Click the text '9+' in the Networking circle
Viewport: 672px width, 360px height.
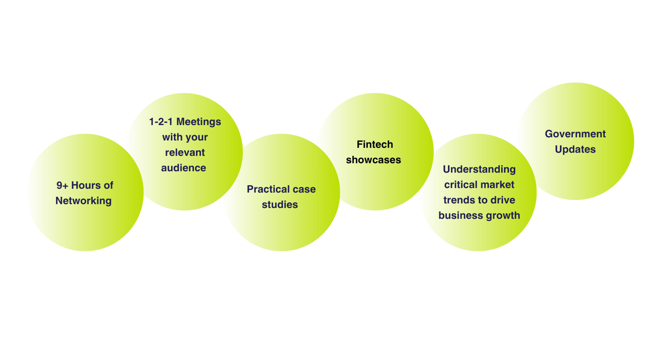tap(63, 186)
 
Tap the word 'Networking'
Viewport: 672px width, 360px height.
tap(84, 201)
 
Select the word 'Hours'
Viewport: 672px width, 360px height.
tap(86, 185)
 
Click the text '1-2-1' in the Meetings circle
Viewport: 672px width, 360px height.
tap(161, 122)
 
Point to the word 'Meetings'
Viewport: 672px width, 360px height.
tap(199, 122)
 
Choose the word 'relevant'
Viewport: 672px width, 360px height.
tap(185, 152)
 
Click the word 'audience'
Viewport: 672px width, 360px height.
tap(183, 168)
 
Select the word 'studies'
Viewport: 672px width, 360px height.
tap(280, 204)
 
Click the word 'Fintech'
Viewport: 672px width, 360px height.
tap(375, 145)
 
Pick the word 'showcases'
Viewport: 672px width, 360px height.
tap(373, 160)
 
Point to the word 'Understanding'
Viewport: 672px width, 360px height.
tap(479, 170)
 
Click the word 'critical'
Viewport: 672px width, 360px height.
tap(462, 185)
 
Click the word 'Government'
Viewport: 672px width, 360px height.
tap(575, 134)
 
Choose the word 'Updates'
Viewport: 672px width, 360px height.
tap(575, 150)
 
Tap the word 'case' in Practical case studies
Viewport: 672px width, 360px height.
tap(304, 189)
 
